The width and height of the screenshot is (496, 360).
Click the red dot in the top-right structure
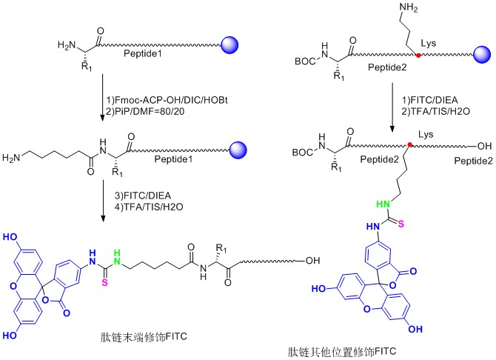[418, 56]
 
